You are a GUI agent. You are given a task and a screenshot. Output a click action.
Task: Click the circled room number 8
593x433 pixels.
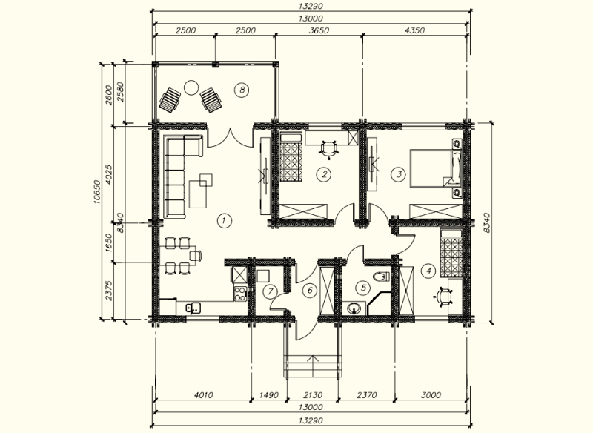click(242, 90)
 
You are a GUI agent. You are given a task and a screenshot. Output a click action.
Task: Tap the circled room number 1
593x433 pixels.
click(225, 220)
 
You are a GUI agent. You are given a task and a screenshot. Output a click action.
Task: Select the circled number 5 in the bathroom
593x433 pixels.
click(363, 288)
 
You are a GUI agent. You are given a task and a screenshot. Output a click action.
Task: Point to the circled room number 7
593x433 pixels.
click(270, 291)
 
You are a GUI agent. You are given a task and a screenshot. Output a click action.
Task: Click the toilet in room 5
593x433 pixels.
click(381, 277)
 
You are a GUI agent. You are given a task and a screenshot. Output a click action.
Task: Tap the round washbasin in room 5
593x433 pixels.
click(354, 308)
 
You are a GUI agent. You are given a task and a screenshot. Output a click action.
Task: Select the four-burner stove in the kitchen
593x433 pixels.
click(239, 294)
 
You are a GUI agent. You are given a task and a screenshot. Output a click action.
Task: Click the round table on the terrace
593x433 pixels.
click(191, 87)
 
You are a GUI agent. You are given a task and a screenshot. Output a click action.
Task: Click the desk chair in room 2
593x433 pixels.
click(328, 148)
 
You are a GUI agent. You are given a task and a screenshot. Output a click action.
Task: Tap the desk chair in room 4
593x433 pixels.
click(443, 296)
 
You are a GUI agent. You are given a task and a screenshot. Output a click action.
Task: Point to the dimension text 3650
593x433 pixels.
click(319, 30)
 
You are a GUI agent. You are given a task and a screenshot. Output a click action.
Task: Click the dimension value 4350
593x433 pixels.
click(414, 30)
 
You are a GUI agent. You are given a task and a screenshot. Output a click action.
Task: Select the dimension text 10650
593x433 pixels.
click(97, 192)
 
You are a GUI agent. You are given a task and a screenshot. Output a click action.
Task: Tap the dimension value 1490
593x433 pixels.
click(269, 395)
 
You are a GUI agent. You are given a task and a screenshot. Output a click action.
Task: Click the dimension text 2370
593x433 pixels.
click(366, 395)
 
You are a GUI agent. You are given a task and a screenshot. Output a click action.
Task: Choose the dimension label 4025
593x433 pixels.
click(108, 174)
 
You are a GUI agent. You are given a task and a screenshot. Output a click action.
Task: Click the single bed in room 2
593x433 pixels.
click(291, 157)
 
